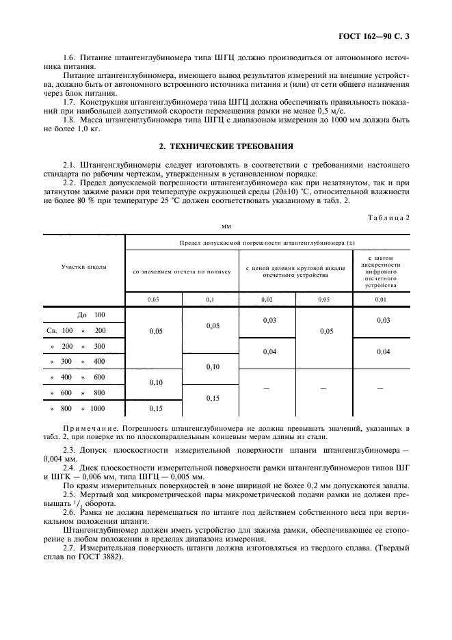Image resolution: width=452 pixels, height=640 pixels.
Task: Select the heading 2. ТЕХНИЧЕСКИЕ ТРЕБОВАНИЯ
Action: [x=226, y=146]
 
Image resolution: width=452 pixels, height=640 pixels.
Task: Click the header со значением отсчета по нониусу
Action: [x=181, y=271]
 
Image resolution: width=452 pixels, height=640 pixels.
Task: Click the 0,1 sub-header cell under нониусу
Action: [x=210, y=299]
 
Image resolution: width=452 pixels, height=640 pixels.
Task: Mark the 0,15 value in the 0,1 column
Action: [x=210, y=398]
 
